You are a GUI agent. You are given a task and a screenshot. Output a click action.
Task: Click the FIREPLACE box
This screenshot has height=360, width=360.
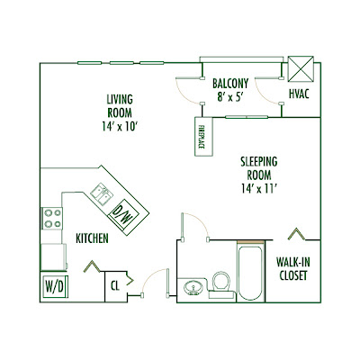203,137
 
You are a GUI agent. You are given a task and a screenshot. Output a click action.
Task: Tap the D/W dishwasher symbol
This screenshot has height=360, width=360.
124,214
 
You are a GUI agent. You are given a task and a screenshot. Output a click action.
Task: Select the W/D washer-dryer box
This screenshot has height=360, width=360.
55,286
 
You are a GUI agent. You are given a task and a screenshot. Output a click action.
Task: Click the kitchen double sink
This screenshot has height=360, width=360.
102,195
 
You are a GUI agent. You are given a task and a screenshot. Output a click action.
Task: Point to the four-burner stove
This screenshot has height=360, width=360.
52,219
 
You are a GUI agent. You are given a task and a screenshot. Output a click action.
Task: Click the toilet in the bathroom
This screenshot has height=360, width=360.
220,284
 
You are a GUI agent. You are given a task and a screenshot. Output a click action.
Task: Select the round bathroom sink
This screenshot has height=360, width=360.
193,288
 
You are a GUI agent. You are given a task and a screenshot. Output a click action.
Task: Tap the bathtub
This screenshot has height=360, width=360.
250,273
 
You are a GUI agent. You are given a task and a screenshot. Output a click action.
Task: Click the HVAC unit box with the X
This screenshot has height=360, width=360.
301,68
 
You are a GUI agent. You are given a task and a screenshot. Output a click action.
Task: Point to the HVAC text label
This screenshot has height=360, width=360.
299,94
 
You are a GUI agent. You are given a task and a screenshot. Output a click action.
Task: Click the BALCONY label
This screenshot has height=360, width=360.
230,84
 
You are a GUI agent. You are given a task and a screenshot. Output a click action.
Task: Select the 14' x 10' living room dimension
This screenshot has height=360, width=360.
120,126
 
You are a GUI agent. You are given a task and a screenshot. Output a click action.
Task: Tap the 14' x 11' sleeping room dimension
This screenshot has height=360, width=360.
258,189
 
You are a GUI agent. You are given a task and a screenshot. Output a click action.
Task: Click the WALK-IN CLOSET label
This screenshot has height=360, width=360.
293,269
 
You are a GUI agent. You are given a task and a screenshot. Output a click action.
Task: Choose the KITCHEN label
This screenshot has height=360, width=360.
92,238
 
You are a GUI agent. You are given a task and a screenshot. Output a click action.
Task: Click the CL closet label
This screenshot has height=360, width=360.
115,286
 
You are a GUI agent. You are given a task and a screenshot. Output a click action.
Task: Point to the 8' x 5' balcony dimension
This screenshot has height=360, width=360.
230,96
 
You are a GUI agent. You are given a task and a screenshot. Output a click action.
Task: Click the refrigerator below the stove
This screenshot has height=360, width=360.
53,256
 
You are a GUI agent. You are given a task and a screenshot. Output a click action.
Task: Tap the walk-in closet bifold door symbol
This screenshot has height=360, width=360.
296,234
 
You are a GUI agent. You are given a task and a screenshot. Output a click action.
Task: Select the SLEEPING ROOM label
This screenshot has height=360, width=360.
259,168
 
